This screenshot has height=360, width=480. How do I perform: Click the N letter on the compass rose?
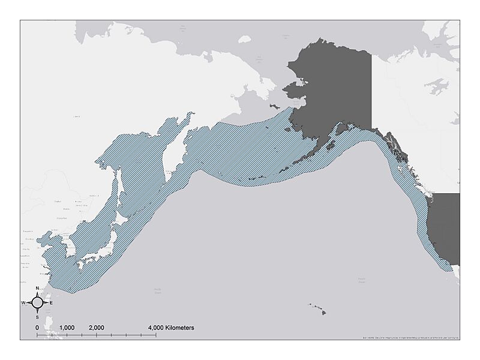tap(37, 289)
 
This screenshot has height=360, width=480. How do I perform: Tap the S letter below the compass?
tap(37, 317)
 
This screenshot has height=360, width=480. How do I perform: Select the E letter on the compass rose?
tap(51, 303)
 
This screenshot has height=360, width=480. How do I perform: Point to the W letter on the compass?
tap(23, 303)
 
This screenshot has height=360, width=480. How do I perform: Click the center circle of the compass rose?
tap(37, 303)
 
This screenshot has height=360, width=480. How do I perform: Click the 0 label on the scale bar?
tap(37, 328)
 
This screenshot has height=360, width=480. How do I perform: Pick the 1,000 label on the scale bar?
tap(67, 328)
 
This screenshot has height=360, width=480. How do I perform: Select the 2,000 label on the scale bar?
tap(96, 328)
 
